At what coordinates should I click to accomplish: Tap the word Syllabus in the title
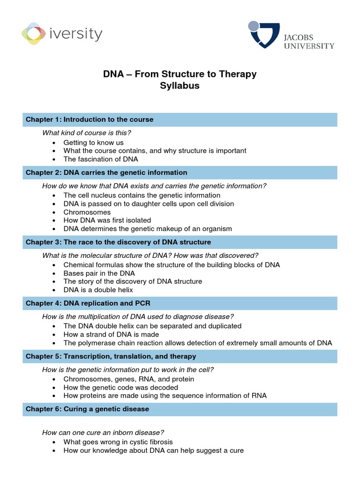(x=180, y=86)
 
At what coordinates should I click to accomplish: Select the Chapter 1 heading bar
(x=180, y=120)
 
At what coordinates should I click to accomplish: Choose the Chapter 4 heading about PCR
(x=180, y=303)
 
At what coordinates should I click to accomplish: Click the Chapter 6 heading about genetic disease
(x=180, y=409)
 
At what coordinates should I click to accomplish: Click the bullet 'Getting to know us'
(x=93, y=142)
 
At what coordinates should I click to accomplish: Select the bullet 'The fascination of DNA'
(x=101, y=159)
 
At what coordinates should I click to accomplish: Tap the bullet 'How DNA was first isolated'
(x=107, y=220)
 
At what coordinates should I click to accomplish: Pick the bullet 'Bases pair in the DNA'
(x=99, y=273)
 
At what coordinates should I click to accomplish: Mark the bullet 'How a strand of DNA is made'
(x=111, y=335)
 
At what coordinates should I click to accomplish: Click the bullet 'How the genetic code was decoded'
(x=120, y=388)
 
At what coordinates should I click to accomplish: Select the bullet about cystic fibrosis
(x=118, y=442)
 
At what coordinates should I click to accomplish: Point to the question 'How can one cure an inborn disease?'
(x=103, y=432)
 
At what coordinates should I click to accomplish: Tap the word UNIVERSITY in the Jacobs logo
(x=308, y=46)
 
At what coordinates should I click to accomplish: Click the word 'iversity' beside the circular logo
(x=76, y=34)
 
